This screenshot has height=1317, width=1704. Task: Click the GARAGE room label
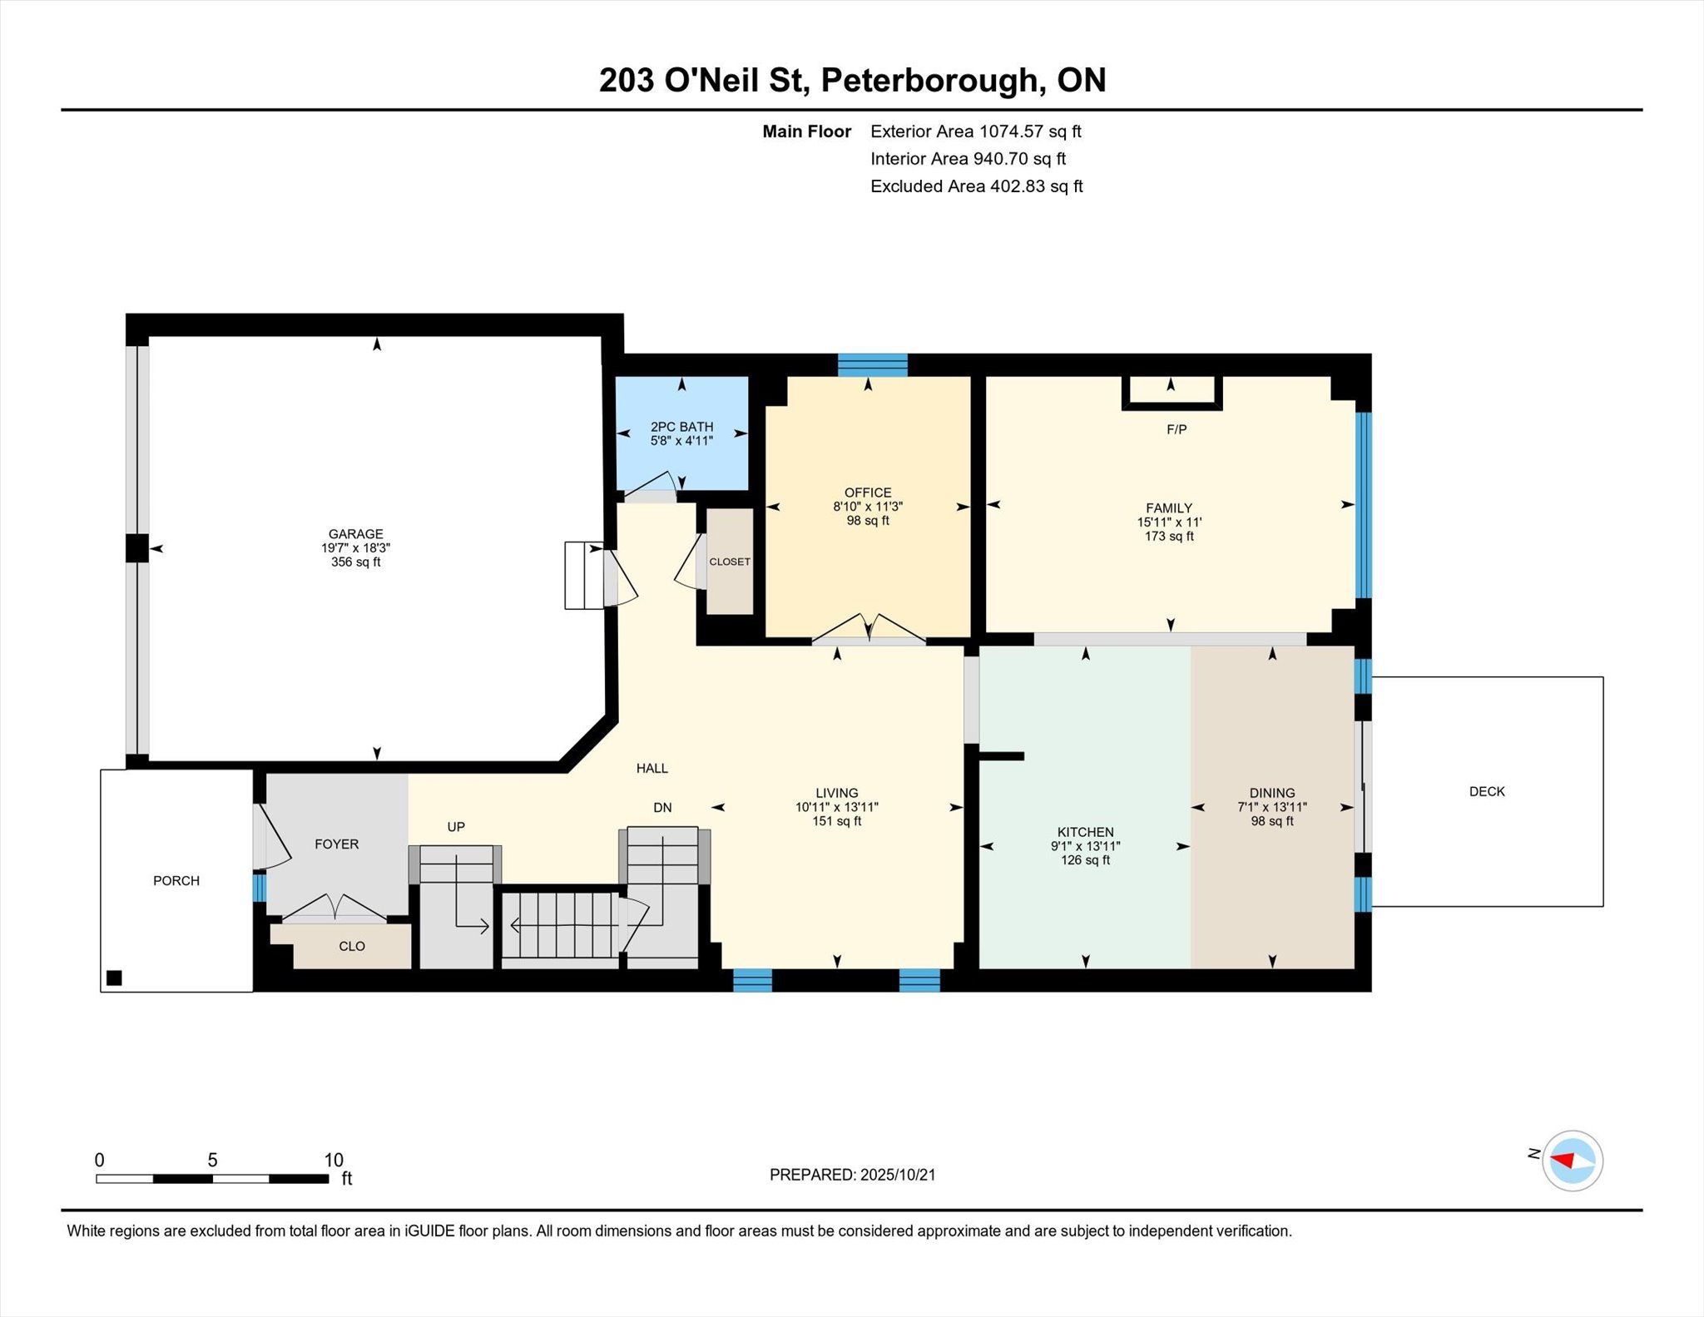(x=355, y=534)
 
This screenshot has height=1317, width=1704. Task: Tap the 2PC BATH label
(x=681, y=427)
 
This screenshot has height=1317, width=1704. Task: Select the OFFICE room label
(x=868, y=493)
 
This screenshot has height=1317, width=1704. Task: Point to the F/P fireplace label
(x=1176, y=429)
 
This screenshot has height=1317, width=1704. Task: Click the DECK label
(x=1487, y=791)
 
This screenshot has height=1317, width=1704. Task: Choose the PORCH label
(x=176, y=880)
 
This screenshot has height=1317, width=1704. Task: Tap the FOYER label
(x=336, y=844)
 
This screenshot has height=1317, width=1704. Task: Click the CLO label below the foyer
(x=352, y=946)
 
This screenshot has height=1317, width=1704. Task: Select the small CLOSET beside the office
(x=730, y=562)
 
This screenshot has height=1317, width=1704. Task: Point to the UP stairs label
(x=456, y=826)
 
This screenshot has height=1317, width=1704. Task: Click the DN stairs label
(x=662, y=807)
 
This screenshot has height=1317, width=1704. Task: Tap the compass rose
(x=1573, y=1161)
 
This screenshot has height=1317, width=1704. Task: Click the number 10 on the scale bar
(x=334, y=1160)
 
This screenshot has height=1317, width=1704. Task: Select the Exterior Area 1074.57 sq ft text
(x=976, y=131)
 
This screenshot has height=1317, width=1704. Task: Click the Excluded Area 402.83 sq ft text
(x=977, y=186)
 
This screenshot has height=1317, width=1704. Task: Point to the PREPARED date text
(x=853, y=1175)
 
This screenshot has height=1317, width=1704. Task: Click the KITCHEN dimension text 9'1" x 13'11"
(x=1086, y=846)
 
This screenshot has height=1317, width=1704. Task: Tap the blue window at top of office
(x=872, y=365)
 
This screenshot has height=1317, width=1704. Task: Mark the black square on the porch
(x=115, y=978)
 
